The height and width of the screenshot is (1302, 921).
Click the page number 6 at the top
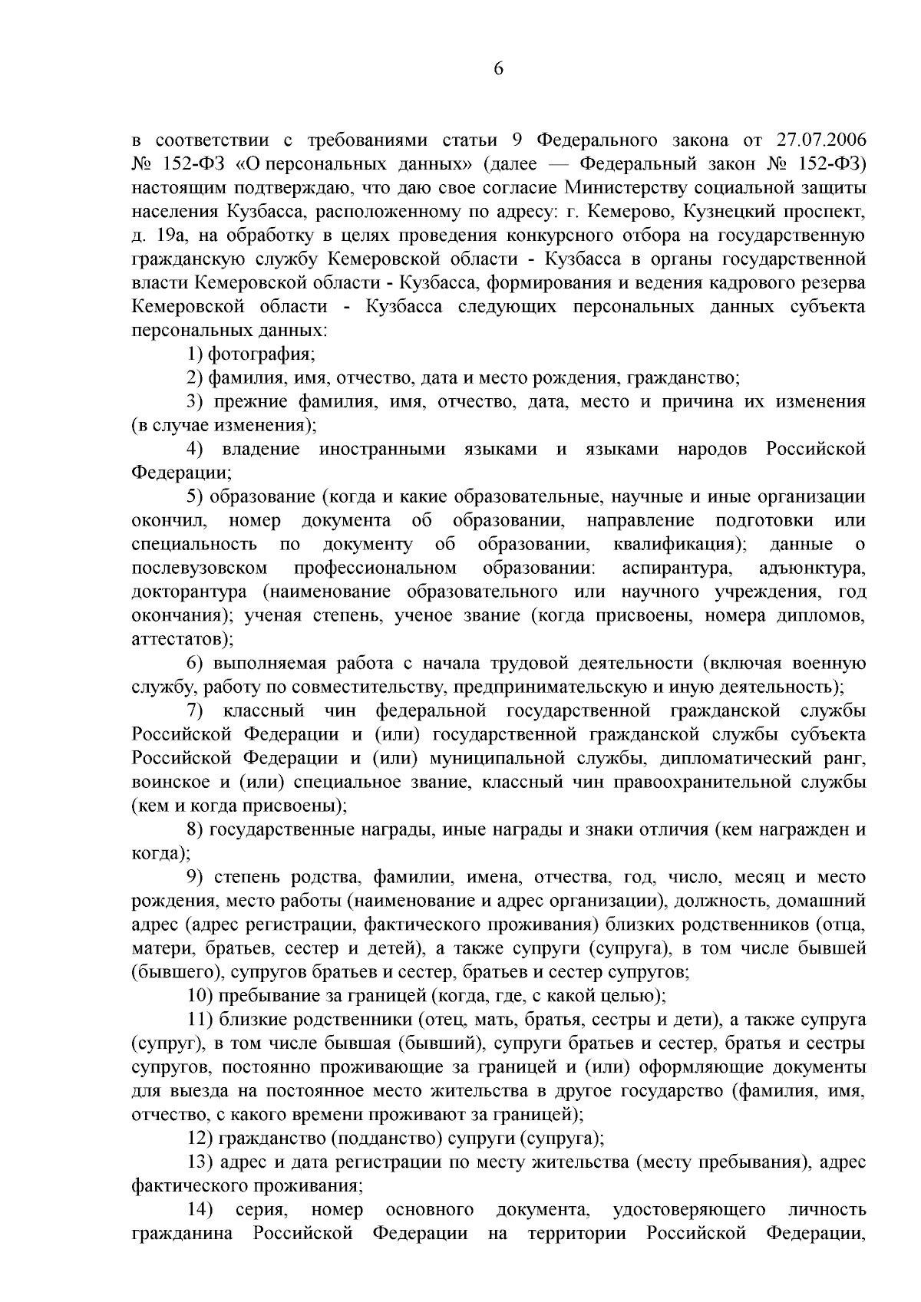pos(498,69)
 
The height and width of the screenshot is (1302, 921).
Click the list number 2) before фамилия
pos(196,377)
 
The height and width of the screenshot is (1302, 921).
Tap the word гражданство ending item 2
pos(682,377)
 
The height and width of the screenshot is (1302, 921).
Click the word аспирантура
pos(676,568)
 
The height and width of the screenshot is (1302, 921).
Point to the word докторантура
pos(189,592)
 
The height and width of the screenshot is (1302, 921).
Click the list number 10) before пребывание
pos(200,996)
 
